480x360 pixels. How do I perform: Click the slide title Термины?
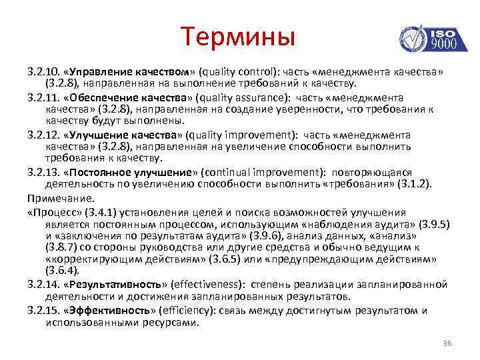237,36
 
